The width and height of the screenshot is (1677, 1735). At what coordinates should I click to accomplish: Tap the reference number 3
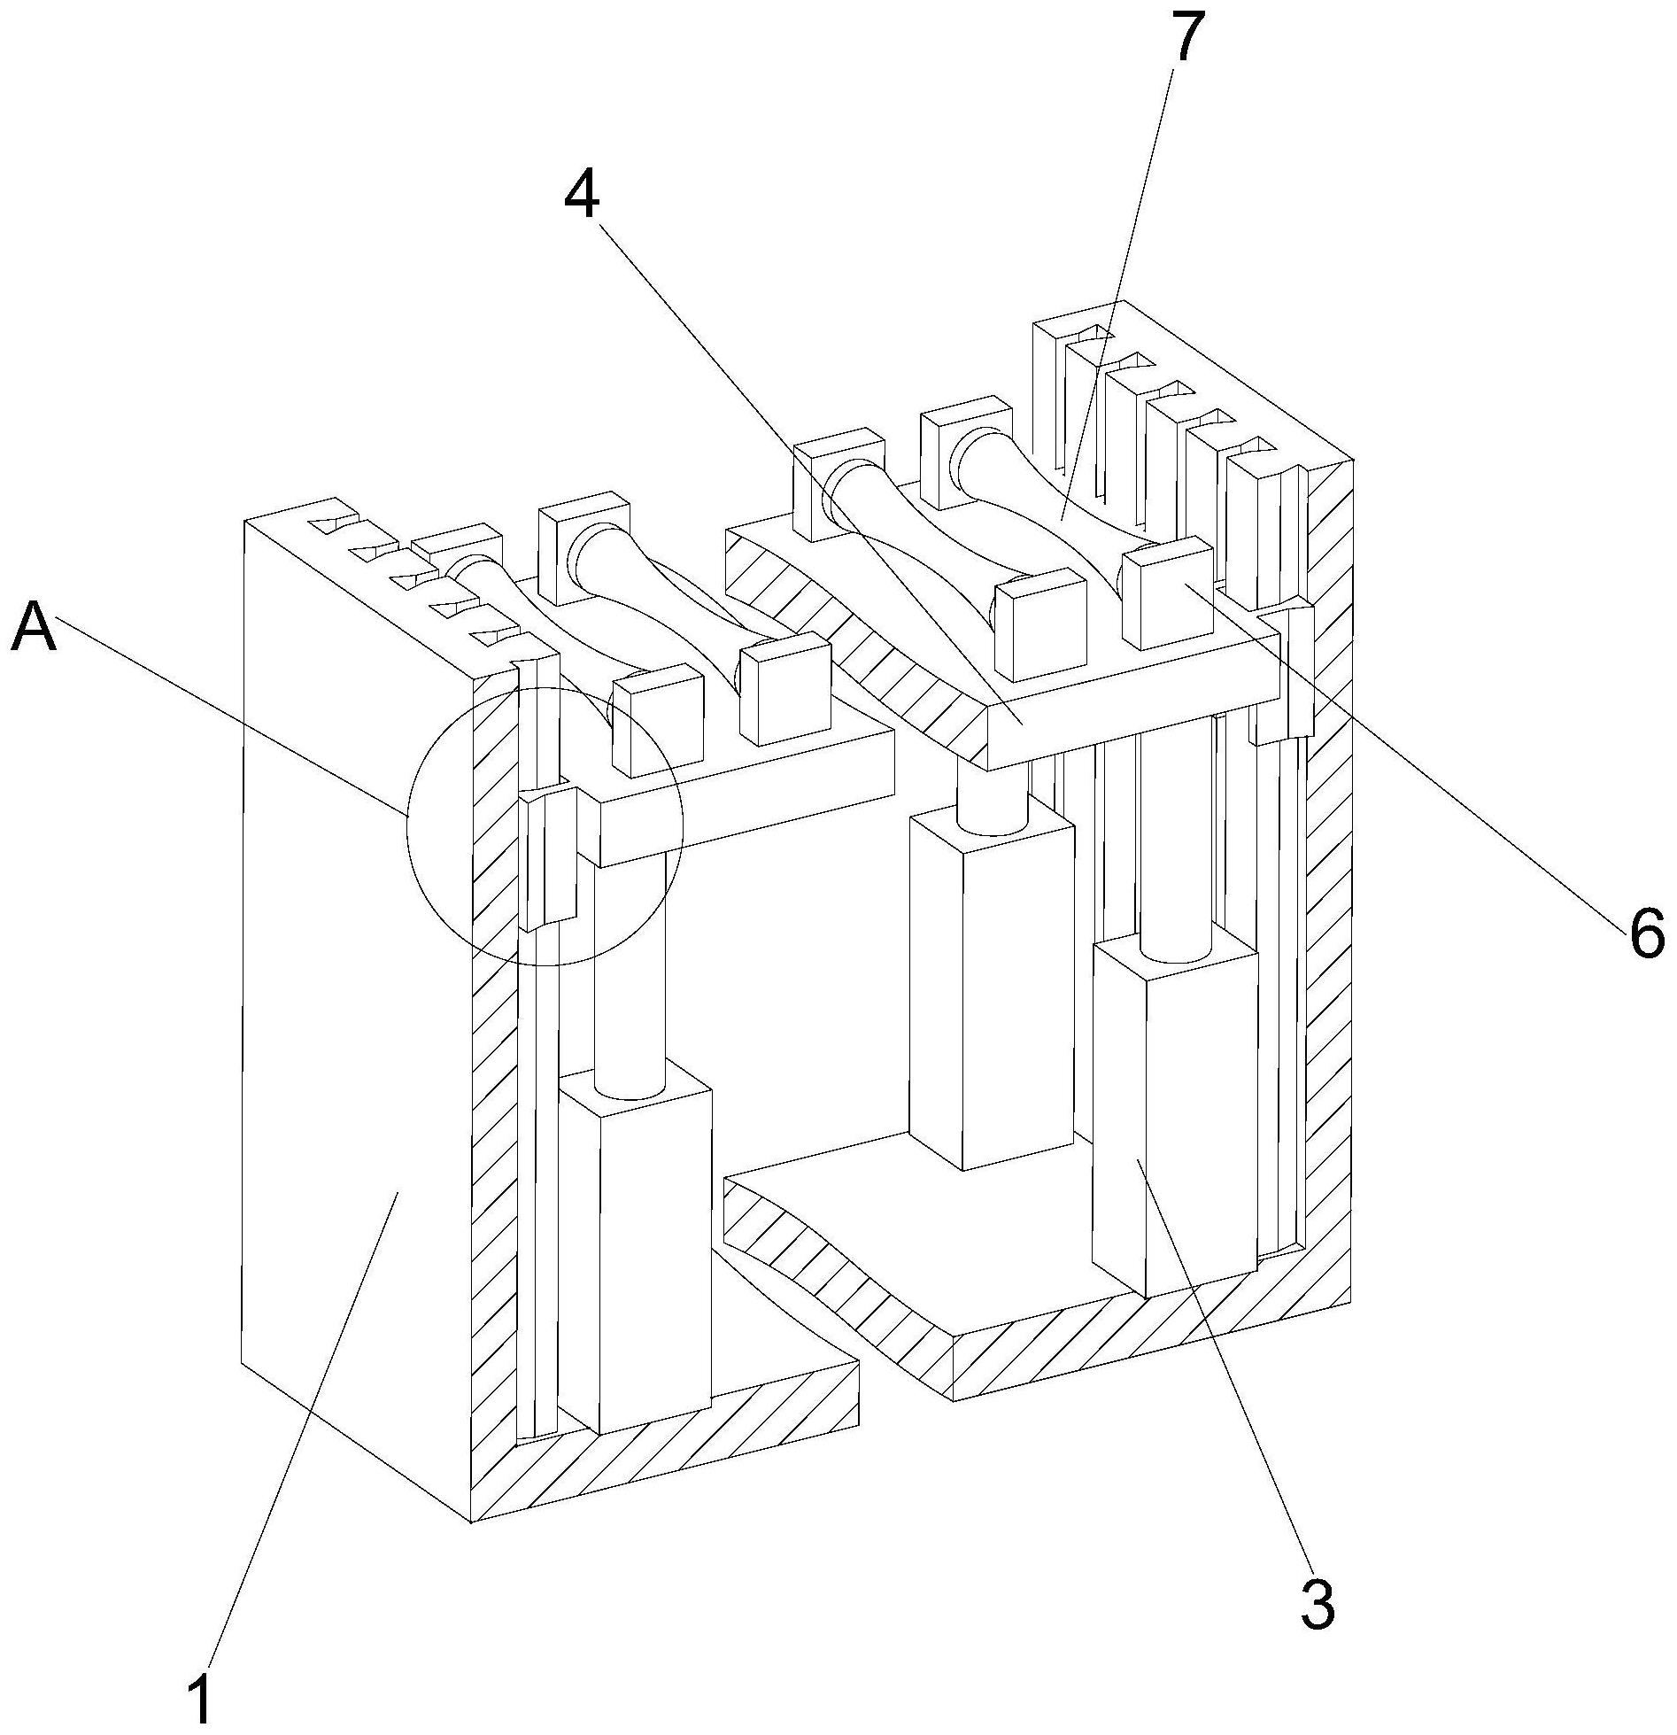point(1318,1602)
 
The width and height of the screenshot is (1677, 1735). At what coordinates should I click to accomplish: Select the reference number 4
point(583,195)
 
